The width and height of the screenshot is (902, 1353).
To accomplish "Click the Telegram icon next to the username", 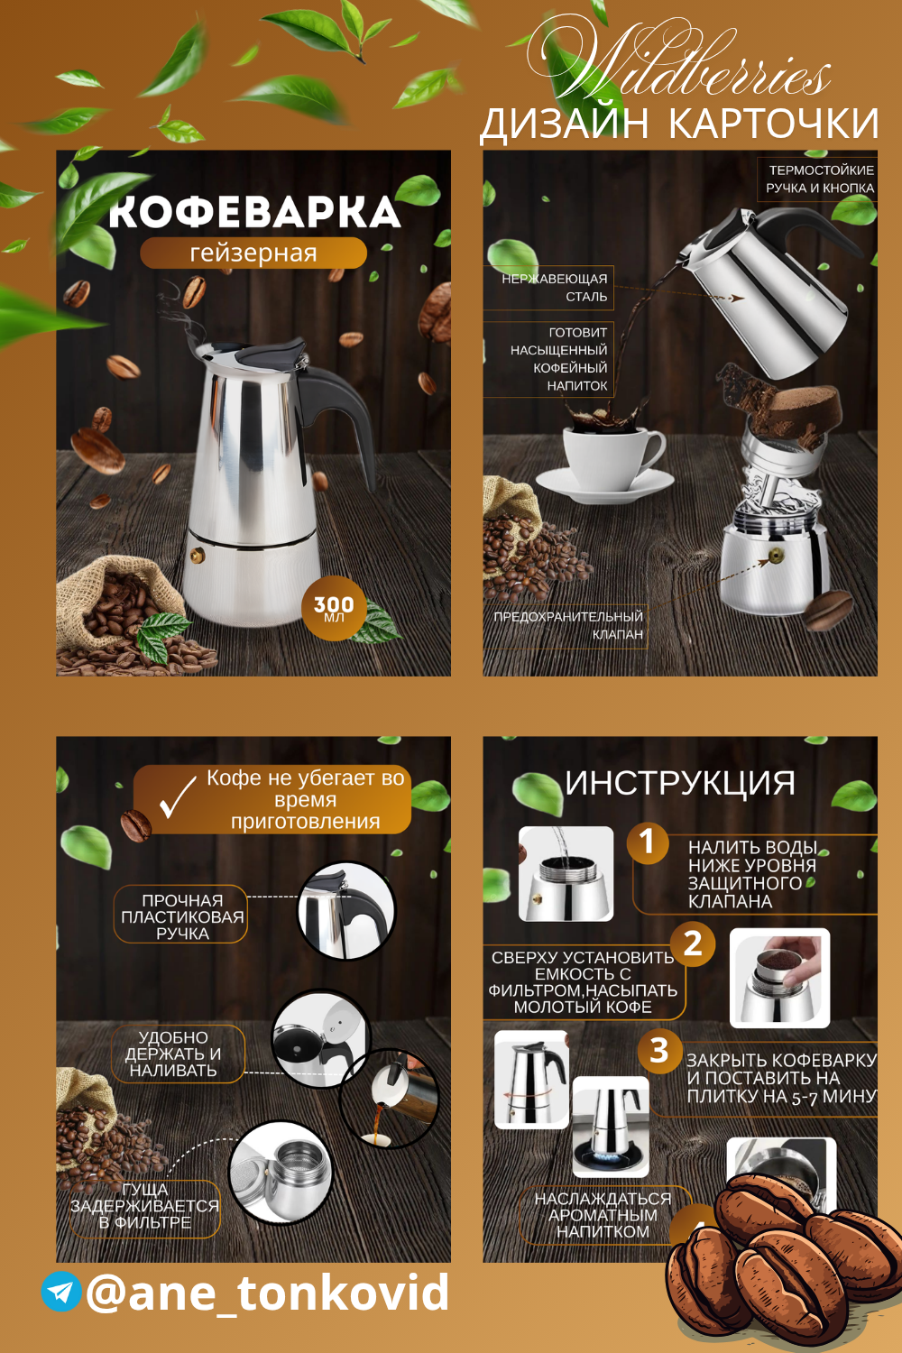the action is pyautogui.click(x=61, y=1292).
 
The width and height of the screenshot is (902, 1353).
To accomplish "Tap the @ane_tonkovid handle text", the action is pyautogui.click(x=268, y=1292).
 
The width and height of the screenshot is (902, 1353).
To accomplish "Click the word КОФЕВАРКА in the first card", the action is pyautogui.click(x=254, y=212).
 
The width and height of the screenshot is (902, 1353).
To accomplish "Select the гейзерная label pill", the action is pyautogui.click(x=253, y=253).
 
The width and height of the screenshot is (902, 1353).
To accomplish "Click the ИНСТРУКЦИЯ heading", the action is pyautogui.click(x=680, y=782).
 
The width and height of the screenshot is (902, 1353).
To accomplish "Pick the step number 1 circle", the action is pyautogui.click(x=647, y=842).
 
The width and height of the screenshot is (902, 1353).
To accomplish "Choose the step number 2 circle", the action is pyautogui.click(x=694, y=943).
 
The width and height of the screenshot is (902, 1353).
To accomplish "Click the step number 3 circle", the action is pyautogui.click(x=659, y=1051).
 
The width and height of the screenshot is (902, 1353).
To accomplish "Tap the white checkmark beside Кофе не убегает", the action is pyautogui.click(x=178, y=796).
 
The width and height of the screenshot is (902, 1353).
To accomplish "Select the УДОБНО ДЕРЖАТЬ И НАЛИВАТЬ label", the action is pyautogui.click(x=173, y=1054).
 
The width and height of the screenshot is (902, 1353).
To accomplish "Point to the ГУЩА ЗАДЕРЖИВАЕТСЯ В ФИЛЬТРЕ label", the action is pyautogui.click(x=145, y=1206).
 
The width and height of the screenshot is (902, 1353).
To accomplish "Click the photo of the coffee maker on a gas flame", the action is pyautogui.click(x=610, y=1126).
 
